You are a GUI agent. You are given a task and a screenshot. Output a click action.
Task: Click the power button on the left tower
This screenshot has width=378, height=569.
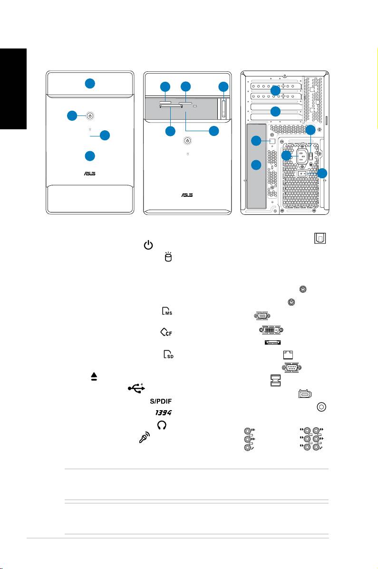tap(90, 115)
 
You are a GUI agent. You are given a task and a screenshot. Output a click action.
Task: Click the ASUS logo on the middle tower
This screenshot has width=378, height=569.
tap(188, 194)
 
